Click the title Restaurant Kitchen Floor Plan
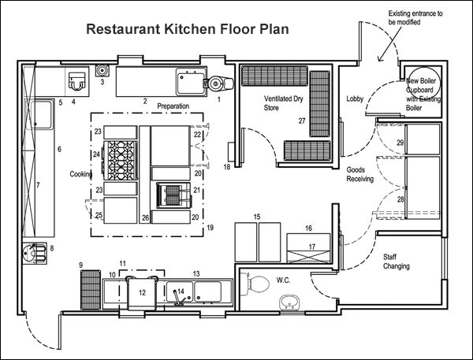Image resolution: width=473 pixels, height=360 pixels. click(x=187, y=30)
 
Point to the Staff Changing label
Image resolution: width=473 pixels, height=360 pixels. click(x=396, y=262)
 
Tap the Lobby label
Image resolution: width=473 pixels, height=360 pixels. click(x=355, y=98)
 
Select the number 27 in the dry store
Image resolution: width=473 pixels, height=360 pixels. click(x=301, y=121)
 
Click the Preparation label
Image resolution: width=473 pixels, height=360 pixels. click(x=175, y=106)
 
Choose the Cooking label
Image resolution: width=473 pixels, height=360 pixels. click(x=81, y=174)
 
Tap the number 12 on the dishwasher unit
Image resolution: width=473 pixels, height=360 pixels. click(x=142, y=292)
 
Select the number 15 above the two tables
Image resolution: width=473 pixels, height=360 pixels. click(x=256, y=216)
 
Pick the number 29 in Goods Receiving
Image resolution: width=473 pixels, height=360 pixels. click(x=400, y=143)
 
